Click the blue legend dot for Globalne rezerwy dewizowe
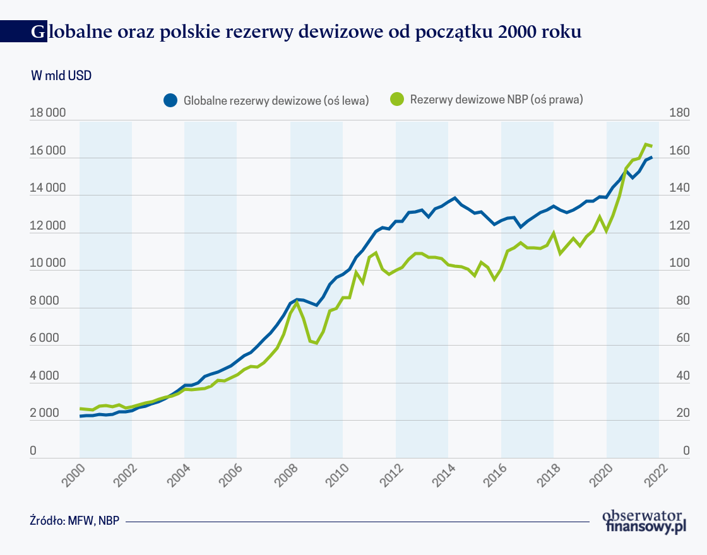[x=170, y=100]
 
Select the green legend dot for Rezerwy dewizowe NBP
[x=396, y=99]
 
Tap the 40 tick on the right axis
[x=679, y=377]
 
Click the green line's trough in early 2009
[x=316, y=342]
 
